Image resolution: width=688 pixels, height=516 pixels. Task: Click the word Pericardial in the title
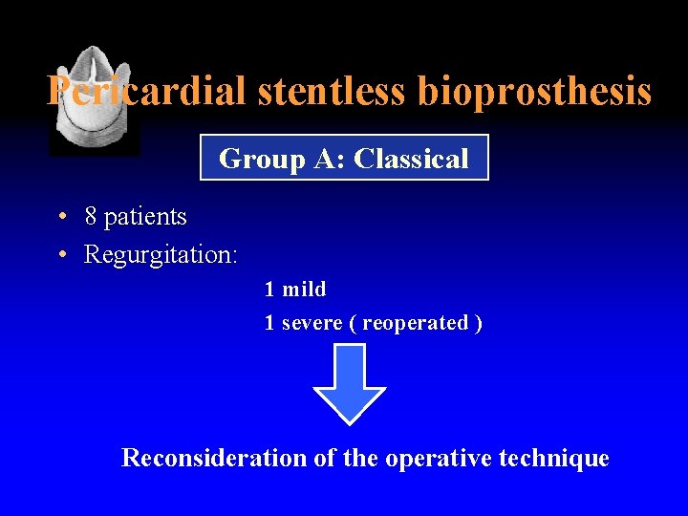[x=148, y=92]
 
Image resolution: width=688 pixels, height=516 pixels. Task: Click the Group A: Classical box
[x=344, y=158]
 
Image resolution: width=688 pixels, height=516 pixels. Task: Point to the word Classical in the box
[x=411, y=158]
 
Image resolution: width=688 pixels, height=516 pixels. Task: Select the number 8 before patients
[x=91, y=217]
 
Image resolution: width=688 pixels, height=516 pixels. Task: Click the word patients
[x=145, y=218]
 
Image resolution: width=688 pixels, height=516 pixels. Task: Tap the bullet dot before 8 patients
[x=60, y=217]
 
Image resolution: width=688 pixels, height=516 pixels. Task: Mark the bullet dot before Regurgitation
[x=60, y=255]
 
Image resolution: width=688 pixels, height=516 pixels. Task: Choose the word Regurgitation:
[x=161, y=256]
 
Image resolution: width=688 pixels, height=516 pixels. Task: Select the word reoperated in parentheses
[x=415, y=323]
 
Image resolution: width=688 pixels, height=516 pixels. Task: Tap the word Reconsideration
[x=214, y=458]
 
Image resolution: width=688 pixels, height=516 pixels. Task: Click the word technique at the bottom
[x=556, y=459]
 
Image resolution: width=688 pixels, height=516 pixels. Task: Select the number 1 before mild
[x=269, y=289]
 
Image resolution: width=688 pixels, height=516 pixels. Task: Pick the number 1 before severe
[x=269, y=323]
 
